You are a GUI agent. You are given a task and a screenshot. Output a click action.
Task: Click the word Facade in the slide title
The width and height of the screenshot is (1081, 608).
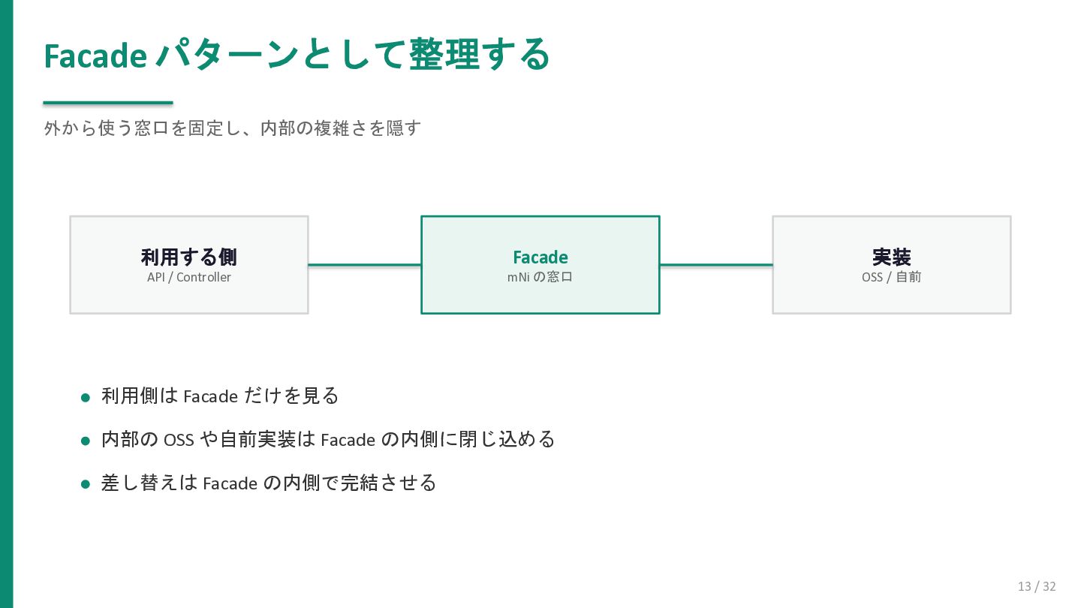[x=95, y=56]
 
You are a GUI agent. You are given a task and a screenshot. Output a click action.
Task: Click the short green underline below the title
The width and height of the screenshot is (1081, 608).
[x=108, y=102]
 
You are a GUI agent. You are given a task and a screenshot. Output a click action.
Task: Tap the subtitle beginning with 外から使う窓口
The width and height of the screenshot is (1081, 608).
[x=232, y=128]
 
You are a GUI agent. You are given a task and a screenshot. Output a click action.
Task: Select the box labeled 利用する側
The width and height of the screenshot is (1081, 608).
[x=189, y=265]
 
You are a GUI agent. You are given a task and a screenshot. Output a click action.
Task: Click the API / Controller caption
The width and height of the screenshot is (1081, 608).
[x=189, y=277]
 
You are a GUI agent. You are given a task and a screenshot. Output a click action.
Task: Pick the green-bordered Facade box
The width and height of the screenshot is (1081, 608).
[x=540, y=265]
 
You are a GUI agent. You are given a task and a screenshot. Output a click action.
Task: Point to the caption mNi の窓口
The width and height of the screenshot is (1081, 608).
[x=540, y=277]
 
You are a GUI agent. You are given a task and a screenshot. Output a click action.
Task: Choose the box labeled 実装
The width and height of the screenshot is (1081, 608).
[x=892, y=265]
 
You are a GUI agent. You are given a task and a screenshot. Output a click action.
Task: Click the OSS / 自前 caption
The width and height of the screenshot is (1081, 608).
[x=892, y=277]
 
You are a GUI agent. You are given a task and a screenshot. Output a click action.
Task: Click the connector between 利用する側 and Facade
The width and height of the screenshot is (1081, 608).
[x=365, y=265]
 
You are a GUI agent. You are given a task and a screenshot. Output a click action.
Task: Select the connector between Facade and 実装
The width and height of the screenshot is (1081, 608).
[x=716, y=265]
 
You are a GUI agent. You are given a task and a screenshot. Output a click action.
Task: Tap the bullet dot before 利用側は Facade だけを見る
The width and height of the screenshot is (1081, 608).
[x=86, y=398]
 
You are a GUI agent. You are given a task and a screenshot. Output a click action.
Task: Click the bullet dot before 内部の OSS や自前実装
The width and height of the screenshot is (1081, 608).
[x=86, y=441]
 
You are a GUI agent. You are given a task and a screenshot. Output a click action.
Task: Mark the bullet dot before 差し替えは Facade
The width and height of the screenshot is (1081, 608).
[x=86, y=484]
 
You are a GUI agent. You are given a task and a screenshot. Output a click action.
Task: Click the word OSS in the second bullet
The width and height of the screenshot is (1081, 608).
[x=179, y=440]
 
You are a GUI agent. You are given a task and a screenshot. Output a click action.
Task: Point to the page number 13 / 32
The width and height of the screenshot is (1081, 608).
[x=1037, y=586]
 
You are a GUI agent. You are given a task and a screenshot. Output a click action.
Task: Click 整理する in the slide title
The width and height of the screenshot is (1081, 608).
[x=480, y=55]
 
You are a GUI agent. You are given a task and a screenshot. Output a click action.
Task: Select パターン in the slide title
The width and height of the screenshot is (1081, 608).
[x=227, y=55]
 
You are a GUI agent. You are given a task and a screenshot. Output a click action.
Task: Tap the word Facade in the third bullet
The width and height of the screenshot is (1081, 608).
[x=230, y=483]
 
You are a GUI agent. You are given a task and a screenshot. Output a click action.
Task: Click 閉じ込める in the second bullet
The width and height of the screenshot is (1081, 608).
[x=507, y=439]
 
